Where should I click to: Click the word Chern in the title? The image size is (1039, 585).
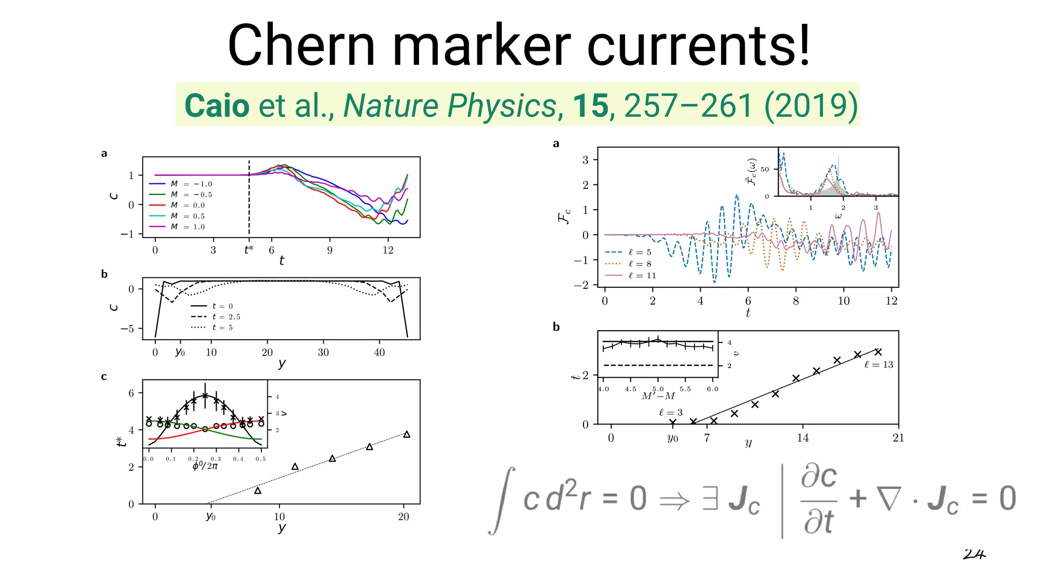[x=301, y=46]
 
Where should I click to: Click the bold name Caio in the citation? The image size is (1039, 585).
[x=217, y=106]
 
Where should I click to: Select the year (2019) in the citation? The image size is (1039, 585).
[x=811, y=106]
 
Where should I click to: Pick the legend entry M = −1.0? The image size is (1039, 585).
[x=191, y=184]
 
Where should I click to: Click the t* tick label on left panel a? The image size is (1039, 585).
[x=249, y=250]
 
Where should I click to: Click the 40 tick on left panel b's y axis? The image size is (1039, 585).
[x=379, y=352]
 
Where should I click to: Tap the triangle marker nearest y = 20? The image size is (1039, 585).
[x=406, y=434]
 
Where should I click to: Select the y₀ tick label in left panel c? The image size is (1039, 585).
[x=211, y=516]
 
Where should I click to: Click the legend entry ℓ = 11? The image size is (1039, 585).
[x=642, y=276]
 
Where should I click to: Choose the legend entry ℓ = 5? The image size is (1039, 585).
[x=639, y=252]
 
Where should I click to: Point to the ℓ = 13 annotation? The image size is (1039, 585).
[x=879, y=365]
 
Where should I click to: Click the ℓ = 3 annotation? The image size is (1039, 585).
[x=671, y=412]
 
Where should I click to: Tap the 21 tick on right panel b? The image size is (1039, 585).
[x=898, y=438]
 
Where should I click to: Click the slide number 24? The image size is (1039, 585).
[x=974, y=555]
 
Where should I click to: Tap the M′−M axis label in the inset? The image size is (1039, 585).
[x=658, y=396]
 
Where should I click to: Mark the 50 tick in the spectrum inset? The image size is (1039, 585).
[x=765, y=170]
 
